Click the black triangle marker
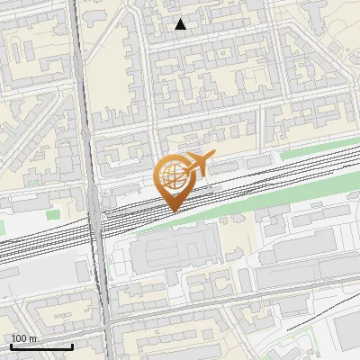181,24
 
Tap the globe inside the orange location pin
171,175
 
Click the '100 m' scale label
23,338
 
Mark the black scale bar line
40,346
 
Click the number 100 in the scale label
18,338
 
